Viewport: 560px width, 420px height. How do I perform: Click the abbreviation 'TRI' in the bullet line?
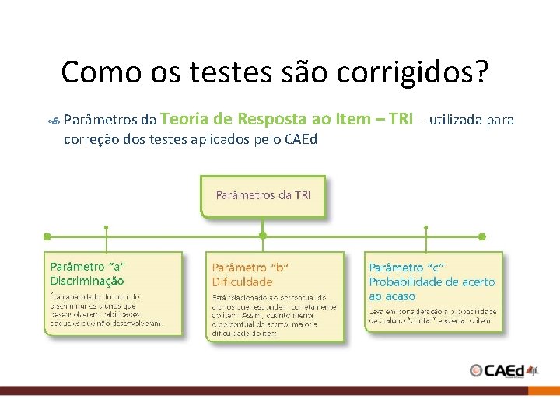click(x=401, y=119)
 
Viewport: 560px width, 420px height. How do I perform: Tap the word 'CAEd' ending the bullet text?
click(x=301, y=139)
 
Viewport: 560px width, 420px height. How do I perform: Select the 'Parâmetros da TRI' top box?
click(x=263, y=195)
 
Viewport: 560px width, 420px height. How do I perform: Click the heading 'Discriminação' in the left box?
click(x=87, y=281)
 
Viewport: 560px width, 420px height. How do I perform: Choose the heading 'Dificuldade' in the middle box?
click(x=243, y=282)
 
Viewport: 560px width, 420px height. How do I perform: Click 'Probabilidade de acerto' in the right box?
click(x=432, y=282)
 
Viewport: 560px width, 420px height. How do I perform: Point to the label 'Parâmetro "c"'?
click(x=407, y=268)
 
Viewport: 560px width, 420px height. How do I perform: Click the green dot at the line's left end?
click(x=47, y=236)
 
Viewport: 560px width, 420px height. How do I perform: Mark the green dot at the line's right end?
click(x=482, y=236)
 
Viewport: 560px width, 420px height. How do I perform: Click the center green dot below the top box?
click(x=263, y=236)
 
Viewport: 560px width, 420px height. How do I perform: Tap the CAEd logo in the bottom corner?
click(x=503, y=370)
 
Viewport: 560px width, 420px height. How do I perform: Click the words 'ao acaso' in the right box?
click(x=392, y=296)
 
